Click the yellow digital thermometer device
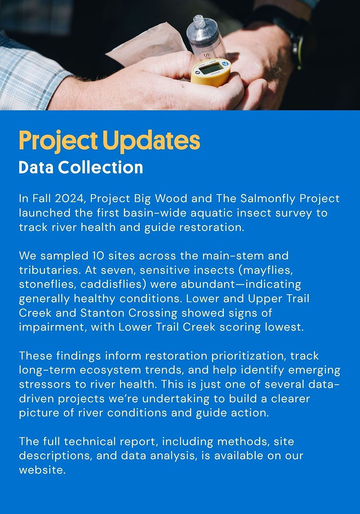pyautogui.click(x=210, y=72)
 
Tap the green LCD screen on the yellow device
pyautogui.click(x=211, y=68)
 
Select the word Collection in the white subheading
pyautogui.click(x=100, y=167)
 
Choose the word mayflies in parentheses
pyautogui.click(x=268, y=270)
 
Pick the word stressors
pyautogui.click(x=45, y=385)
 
